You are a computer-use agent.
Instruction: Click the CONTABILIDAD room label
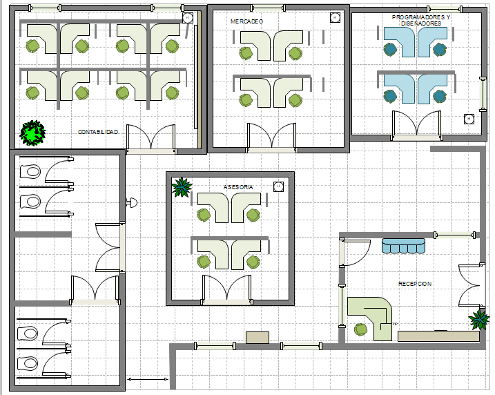pyautogui.click(x=98, y=132)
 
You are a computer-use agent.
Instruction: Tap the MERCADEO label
pyautogui.click(x=247, y=21)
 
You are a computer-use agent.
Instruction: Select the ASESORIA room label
pyautogui.click(x=238, y=187)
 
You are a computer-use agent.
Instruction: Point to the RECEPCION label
pyautogui.click(x=415, y=284)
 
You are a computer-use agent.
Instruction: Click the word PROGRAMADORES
pyautogui.click(x=416, y=17)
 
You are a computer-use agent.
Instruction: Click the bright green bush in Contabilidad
pyautogui.click(x=32, y=133)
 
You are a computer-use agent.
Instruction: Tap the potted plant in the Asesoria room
pyautogui.click(x=182, y=187)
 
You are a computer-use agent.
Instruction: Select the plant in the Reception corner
pyautogui.click(x=479, y=320)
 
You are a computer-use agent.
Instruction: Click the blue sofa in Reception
pyautogui.click(x=403, y=246)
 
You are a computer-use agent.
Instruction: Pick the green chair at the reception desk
pyautogui.click(x=360, y=329)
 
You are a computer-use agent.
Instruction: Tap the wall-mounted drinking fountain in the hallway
pyautogui.click(x=132, y=203)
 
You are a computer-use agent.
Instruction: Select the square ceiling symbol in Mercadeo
pyautogui.click(x=335, y=17)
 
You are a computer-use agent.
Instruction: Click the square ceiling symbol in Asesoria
pyautogui.click(x=278, y=186)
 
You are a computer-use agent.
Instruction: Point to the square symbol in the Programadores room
pyautogui.click(x=469, y=119)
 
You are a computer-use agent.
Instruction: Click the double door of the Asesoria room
pyautogui.click(x=226, y=289)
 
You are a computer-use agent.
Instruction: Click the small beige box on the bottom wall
pyautogui.click(x=258, y=338)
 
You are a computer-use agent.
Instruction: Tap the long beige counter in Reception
pyautogui.click(x=439, y=336)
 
